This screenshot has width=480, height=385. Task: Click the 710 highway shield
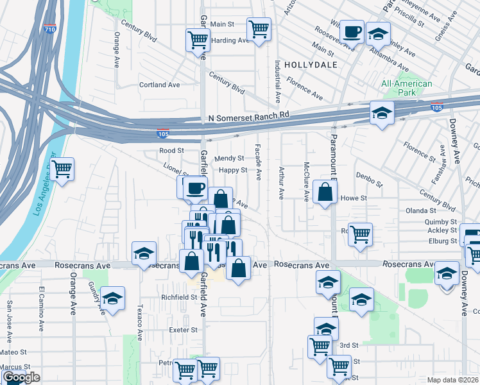(x=50, y=30)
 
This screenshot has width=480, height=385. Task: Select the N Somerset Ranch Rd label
(x=250, y=116)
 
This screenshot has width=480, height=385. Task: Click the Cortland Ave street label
(x=160, y=85)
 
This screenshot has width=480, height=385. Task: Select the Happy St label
(x=232, y=170)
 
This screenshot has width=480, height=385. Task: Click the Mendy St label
(x=229, y=158)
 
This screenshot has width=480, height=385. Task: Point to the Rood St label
(x=172, y=151)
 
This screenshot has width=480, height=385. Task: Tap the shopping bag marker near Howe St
(x=325, y=191)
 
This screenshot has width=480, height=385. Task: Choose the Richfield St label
(x=179, y=297)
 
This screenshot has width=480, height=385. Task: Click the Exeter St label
(x=183, y=330)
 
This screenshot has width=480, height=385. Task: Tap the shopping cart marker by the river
(x=62, y=169)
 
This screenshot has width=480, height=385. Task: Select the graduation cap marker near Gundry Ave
(x=112, y=298)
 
